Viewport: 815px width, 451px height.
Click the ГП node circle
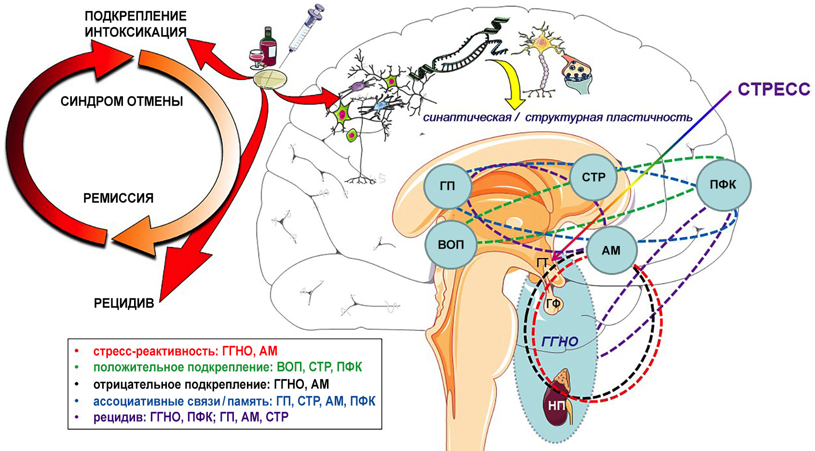click(x=447, y=186)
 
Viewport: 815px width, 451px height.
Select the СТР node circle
click(x=593, y=177)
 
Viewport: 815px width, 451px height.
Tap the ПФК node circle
click(x=723, y=185)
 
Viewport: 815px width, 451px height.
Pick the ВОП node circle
click(x=451, y=245)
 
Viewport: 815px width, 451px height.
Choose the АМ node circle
click(x=611, y=250)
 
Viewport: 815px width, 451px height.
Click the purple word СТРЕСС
click(x=774, y=90)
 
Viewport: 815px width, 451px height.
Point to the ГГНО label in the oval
click(x=560, y=342)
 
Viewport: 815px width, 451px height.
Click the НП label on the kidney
click(x=556, y=406)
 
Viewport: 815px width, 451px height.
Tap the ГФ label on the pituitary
click(x=554, y=304)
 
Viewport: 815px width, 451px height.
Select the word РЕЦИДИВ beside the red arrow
click(x=124, y=303)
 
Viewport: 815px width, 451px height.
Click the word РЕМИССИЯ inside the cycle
click(x=118, y=198)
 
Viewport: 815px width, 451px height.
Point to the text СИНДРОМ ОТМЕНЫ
click(x=122, y=102)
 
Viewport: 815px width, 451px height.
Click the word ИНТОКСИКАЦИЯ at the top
click(x=136, y=32)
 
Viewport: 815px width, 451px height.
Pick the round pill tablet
click(x=270, y=79)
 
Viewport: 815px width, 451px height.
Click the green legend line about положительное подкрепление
click(x=227, y=367)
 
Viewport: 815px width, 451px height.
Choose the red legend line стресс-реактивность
click(x=185, y=351)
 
